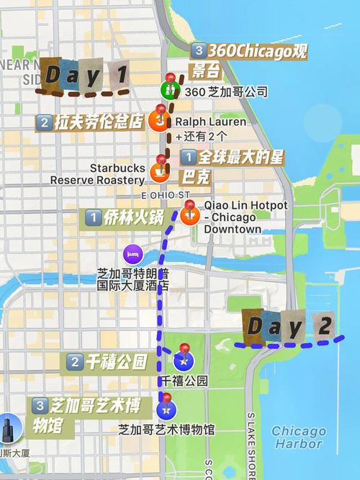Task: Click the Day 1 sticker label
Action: click(x=83, y=76)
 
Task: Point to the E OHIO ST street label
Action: click(x=165, y=195)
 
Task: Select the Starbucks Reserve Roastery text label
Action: click(x=97, y=173)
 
